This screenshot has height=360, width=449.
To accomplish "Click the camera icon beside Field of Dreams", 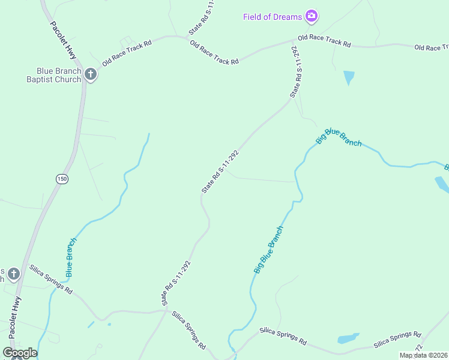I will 311,16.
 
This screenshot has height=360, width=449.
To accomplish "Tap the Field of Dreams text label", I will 272,17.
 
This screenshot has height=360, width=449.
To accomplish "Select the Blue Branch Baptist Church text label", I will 54,74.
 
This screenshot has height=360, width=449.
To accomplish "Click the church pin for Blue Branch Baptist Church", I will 91,74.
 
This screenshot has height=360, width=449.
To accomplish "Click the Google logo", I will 20,352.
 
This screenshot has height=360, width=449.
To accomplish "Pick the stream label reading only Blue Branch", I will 71,257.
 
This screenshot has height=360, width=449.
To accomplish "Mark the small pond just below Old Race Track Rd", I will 348,77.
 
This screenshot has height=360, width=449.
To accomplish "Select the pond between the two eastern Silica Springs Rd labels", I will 348,338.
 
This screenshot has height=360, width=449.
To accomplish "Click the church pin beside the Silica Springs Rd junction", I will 14,275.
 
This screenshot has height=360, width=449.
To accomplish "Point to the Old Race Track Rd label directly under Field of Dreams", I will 324,41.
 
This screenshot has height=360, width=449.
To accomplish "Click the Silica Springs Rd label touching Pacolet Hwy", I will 51,279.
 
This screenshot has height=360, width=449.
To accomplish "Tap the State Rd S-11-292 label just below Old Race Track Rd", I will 295,71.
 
